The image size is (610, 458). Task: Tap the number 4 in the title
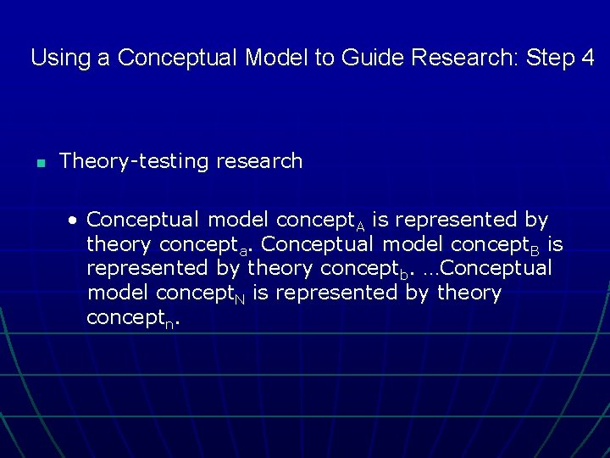point(587,59)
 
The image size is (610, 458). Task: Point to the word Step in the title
point(551,59)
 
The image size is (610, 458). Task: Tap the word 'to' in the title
point(326,59)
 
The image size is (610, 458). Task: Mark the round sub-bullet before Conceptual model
point(74,221)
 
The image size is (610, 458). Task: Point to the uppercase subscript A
point(360,225)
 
